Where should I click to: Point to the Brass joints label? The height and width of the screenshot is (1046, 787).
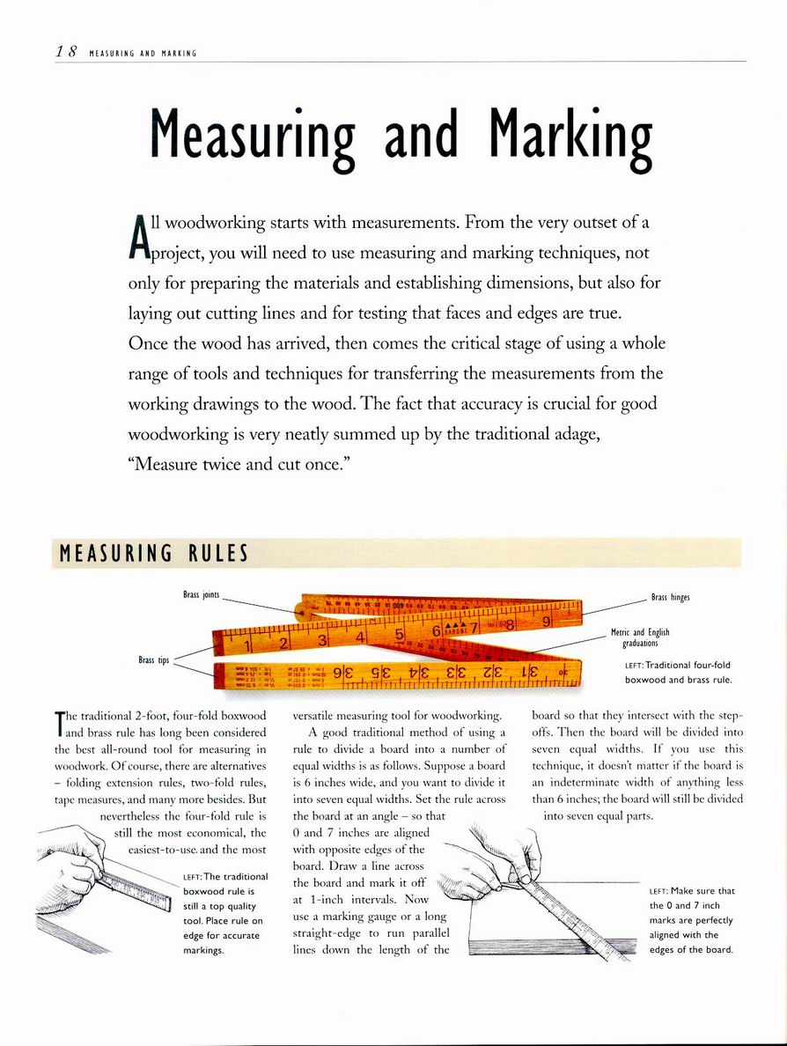(201, 596)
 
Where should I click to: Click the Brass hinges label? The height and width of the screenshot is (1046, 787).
(670, 598)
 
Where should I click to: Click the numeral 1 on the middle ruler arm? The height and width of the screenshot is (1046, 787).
(247, 645)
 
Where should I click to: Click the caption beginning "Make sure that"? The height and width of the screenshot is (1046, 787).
(691, 920)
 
